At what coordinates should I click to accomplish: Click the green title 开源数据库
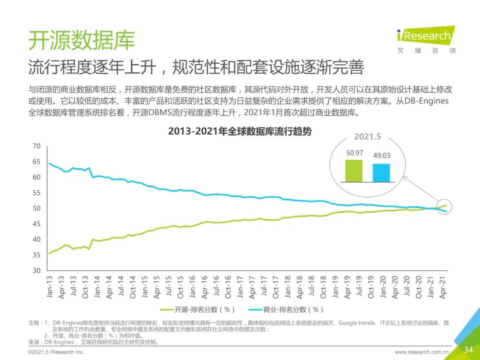pos(81,40)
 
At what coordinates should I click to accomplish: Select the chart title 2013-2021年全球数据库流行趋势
pos(240,132)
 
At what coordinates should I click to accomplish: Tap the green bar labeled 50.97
pos(354,171)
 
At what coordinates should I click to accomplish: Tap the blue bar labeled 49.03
pos(381,172)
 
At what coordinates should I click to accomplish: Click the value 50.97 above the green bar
pos(355,153)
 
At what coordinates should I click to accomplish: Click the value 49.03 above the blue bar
pos(381,156)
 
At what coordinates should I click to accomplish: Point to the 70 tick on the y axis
pos(36,146)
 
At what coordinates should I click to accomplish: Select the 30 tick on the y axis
pos(36,271)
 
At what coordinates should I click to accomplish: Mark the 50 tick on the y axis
pos(36,208)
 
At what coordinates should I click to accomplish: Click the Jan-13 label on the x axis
pos(50,287)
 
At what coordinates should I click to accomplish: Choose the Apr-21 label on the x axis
pos(442,287)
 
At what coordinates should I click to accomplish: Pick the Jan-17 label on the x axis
pos(240,287)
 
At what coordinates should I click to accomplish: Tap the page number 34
pos(468,349)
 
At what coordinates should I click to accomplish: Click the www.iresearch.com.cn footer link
pos(422,352)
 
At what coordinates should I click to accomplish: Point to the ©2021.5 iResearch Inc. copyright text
pos(56,352)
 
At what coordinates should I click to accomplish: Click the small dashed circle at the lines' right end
pos(445,207)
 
